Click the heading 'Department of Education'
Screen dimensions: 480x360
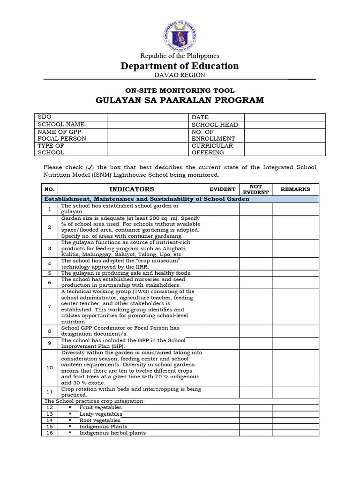[180, 66]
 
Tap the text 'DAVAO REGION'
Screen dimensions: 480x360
[180, 75]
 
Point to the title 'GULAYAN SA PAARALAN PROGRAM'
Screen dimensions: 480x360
[180, 100]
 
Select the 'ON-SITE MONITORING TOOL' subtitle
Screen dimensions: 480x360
[180, 90]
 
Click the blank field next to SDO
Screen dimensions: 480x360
[148, 117]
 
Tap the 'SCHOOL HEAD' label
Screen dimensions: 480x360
[215, 125]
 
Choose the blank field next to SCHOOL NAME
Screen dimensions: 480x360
[148, 125]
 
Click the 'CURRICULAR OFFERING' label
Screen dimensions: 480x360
[212, 149]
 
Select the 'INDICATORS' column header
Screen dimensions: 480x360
[132, 189]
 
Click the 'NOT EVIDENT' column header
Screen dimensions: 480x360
[256, 189]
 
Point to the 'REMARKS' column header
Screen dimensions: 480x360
[295, 189]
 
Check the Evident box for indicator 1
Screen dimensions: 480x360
[223, 209]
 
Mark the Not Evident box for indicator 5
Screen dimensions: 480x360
[256, 273]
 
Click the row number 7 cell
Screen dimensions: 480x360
[50, 307]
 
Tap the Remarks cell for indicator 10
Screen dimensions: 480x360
[295, 367]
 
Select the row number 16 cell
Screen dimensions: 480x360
[50, 433]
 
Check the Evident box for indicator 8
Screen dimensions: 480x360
[223, 331]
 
